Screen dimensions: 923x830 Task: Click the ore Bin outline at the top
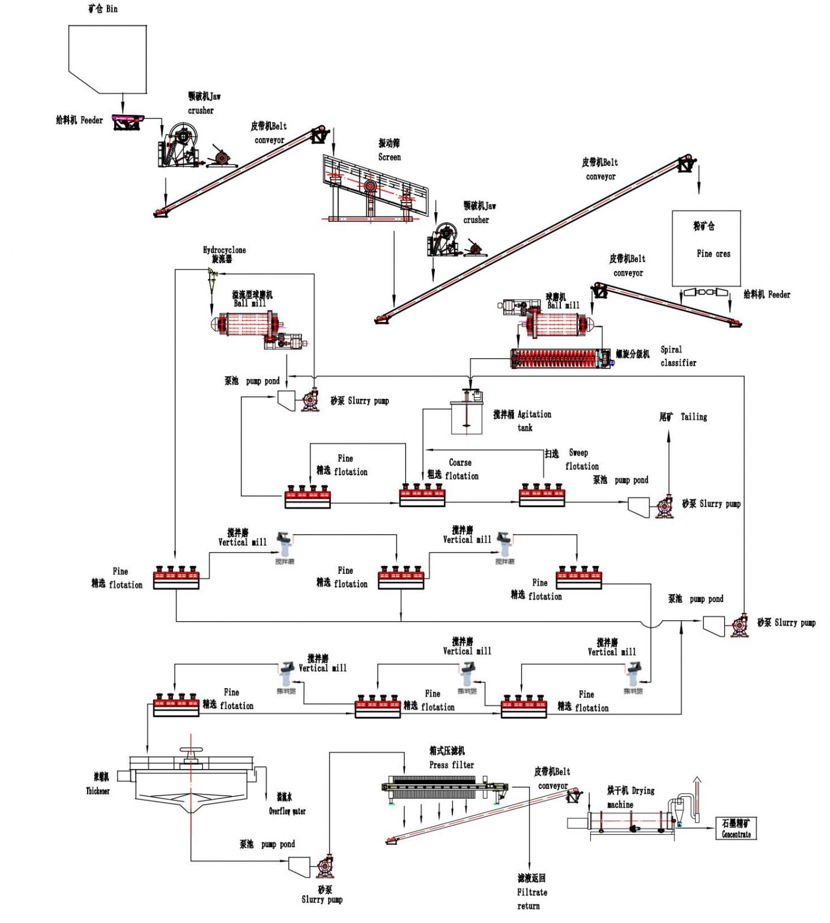tap(108, 59)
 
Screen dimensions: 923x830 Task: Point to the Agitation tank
tap(467, 415)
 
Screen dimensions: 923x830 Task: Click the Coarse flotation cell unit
tap(422, 494)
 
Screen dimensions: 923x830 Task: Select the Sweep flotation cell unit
tap(542, 494)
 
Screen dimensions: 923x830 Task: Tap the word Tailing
tap(694, 417)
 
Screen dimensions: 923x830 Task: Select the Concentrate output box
tap(736, 828)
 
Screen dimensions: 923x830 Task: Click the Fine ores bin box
tap(706, 248)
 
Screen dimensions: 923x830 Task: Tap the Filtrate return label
tap(532, 893)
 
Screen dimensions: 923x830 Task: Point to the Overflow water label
tap(286, 805)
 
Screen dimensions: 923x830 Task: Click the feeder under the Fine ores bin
tap(706, 293)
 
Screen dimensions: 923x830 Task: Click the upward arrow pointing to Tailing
tap(669, 457)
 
